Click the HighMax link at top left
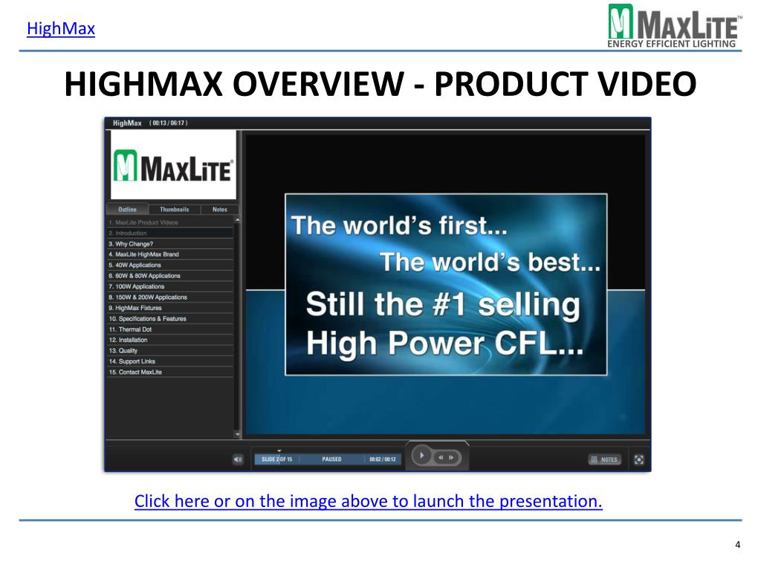click(x=61, y=30)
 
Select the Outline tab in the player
click(x=127, y=210)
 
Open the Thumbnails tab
click(x=175, y=210)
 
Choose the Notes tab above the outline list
click(x=220, y=210)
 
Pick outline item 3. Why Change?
click(x=131, y=244)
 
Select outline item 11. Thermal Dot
click(x=129, y=329)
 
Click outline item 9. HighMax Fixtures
click(x=135, y=308)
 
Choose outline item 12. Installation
click(x=128, y=340)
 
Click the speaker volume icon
click(x=238, y=459)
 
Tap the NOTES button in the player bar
click(x=604, y=459)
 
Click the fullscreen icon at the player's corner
click(x=638, y=459)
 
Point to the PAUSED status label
click(x=331, y=459)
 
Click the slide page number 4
click(x=737, y=546)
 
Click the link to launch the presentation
click(x=368, y=501)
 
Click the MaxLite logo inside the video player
click(x=174, y=166)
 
